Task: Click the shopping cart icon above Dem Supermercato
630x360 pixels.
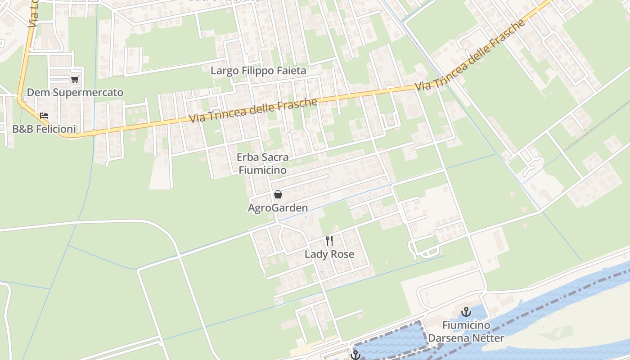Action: pos(75,80)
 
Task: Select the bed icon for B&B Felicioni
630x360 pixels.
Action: pos(44,116)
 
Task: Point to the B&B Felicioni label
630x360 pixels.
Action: pos(44,129)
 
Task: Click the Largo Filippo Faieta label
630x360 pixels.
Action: pos(258,71)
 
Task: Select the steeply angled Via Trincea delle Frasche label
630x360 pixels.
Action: pos(470,54)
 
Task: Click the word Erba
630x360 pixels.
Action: pos(247,157)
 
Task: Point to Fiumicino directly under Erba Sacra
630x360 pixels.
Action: pos(262,171)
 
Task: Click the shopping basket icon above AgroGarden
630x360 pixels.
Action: pos(278,194)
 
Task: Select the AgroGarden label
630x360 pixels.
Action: pos(278,208)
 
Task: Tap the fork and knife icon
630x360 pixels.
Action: pos(329,241)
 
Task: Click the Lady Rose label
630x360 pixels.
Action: pos(329,254)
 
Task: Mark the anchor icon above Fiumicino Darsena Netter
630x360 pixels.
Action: pos(466,311)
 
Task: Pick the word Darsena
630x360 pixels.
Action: pos(448,338)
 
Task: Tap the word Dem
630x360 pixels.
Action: pos(36,93)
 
